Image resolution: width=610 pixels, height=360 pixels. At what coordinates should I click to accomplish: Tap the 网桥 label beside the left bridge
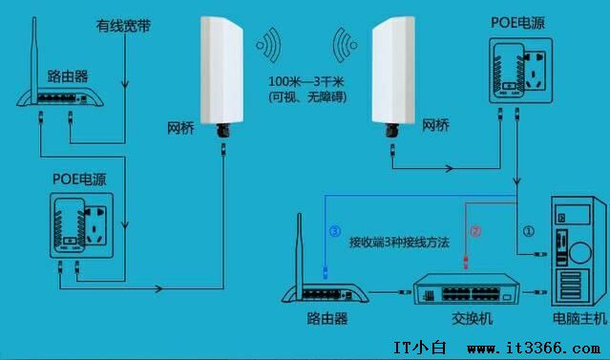182,125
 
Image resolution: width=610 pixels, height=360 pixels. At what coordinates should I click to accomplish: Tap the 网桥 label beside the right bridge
435,125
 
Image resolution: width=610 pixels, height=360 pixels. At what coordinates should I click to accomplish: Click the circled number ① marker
528,230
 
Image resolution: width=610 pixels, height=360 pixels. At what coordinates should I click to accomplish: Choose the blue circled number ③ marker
334,230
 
